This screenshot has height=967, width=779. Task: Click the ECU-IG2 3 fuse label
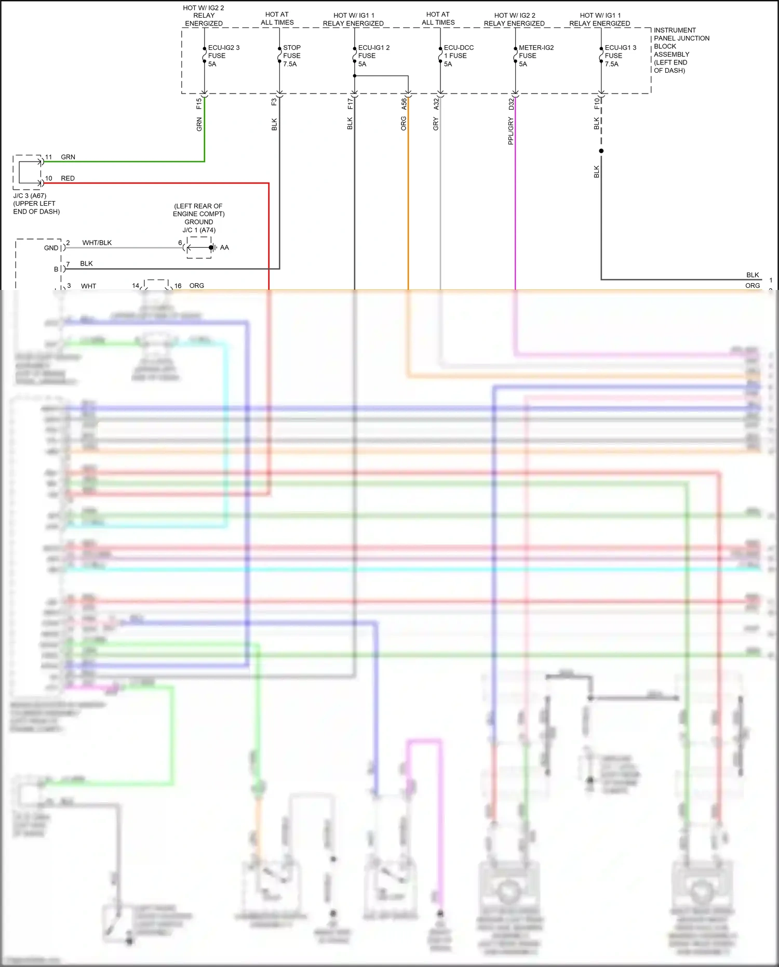pos(223,56)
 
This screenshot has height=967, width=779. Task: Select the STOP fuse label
pos(291,56)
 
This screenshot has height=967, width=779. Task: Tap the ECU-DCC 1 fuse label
pos(458,56)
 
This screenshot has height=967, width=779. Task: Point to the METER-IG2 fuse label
pos(536,56)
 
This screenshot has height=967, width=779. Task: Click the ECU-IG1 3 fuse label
pos(620,56)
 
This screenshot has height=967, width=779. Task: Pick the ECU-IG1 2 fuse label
pos(373,56)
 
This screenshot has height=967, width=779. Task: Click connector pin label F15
pos(199,103)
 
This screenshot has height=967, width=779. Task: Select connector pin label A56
pos(404,104)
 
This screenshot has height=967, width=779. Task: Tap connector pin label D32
pos(511,104)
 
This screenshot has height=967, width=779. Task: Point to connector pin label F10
pos(597,104)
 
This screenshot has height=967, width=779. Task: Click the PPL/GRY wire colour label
pos(511,130)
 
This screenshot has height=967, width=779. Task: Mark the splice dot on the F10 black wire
pos(601,151)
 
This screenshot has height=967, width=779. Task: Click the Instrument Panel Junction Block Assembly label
pos(681,50)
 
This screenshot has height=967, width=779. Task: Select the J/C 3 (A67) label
pos(30,196)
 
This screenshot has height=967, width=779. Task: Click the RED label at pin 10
pos(68,178)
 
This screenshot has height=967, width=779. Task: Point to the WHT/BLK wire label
pos(97,243)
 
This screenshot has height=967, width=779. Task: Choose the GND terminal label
pos(51,248)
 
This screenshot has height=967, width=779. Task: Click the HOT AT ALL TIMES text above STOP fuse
pos(277,19)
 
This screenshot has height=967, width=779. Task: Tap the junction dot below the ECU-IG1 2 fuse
pos(355,76)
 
